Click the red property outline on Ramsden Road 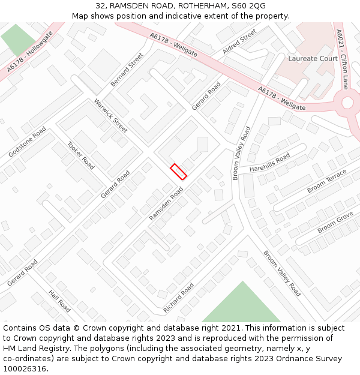(178, 171)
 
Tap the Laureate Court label (313, 59)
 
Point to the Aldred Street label (239, 42)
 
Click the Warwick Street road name (111, 116)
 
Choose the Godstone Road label (27, 142)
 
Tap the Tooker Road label (80, 155)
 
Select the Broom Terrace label (326, 181)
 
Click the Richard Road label (179, 298)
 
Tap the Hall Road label (59, 301)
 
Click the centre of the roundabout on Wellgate (348, 103)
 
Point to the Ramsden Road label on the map (166, 203)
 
